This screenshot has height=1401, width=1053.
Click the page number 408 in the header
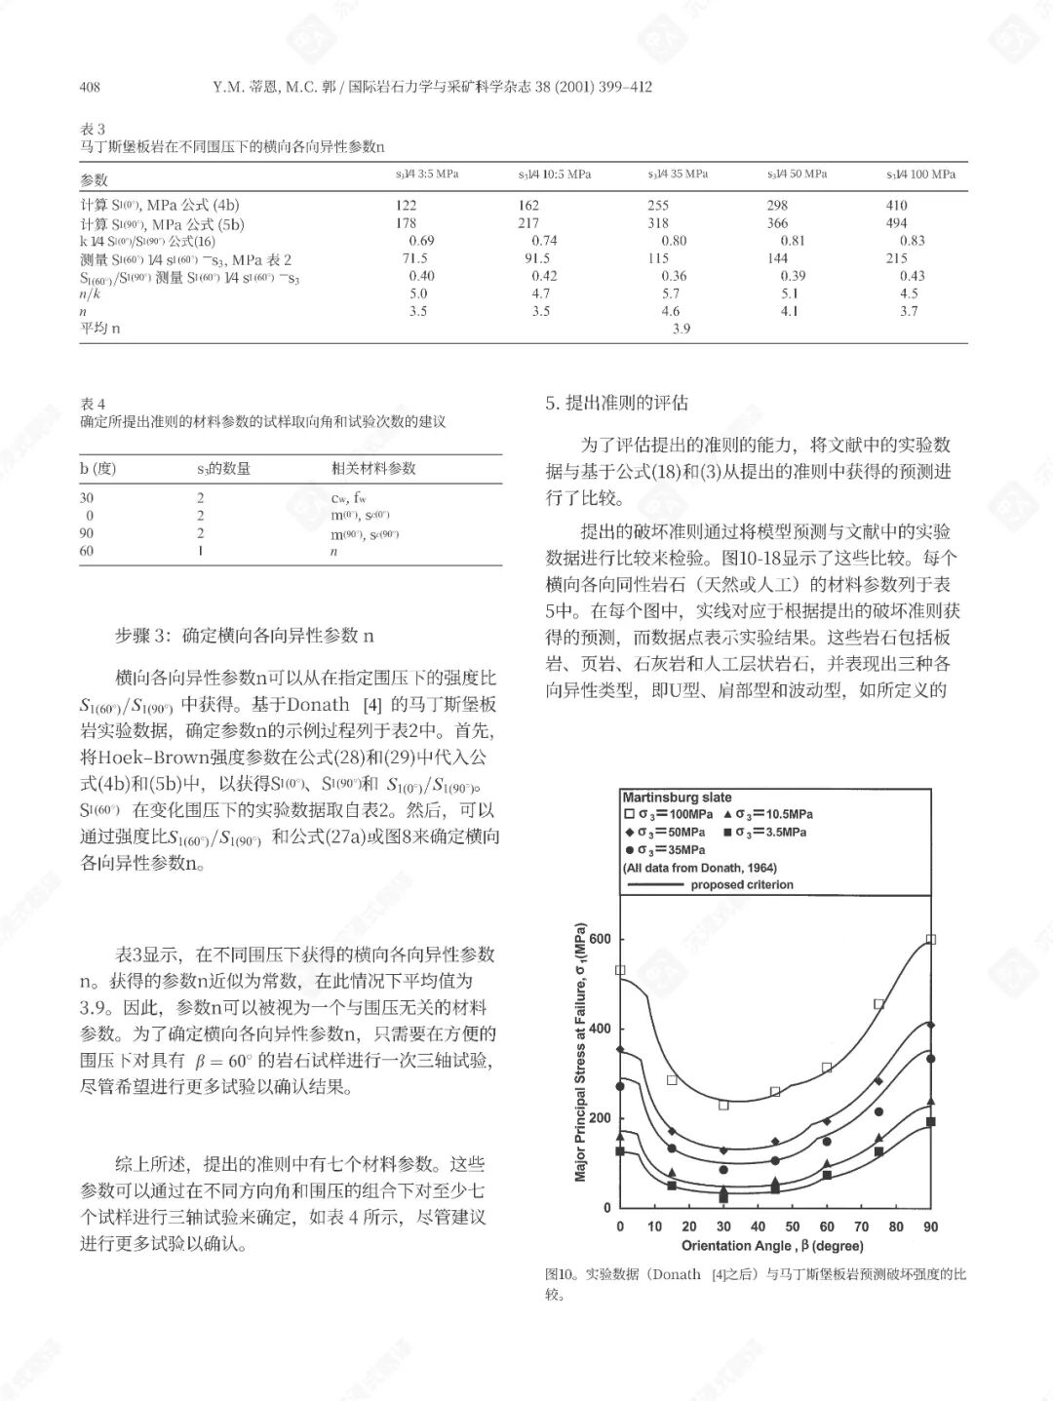90,87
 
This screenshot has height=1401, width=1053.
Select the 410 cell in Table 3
896,206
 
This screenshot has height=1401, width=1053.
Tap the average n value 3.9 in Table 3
681,329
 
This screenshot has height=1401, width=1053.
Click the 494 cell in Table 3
896,223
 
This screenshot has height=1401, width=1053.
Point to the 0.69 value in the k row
421,241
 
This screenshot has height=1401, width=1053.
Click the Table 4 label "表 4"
93,404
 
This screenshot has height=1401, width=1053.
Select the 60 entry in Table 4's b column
87,551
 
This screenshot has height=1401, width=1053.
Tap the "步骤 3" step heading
146,636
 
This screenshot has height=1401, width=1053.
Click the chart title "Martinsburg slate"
677,797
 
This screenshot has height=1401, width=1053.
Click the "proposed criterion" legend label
742,885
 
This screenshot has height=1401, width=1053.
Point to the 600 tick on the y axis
600,939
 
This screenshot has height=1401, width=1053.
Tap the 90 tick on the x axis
930,1226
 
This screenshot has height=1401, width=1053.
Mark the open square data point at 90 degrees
931,940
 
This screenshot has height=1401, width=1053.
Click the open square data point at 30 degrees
723,1105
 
